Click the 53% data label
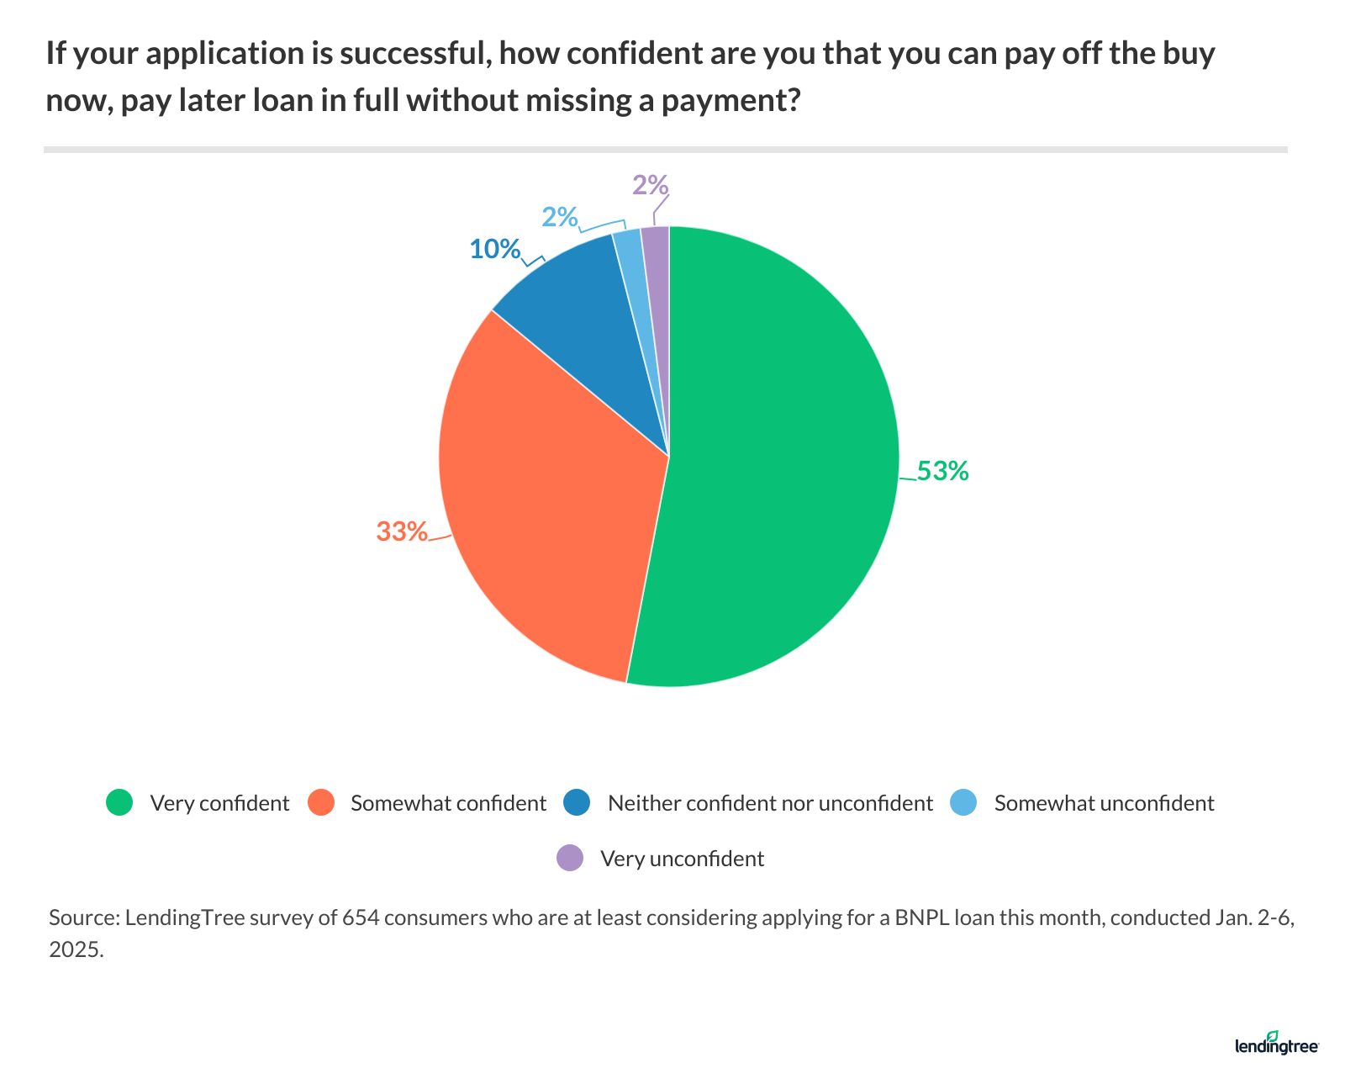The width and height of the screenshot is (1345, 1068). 942,472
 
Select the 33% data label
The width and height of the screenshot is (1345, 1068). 402,531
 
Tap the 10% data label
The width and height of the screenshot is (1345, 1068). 494,249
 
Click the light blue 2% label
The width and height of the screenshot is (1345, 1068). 559,217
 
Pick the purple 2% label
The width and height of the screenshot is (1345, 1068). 650,185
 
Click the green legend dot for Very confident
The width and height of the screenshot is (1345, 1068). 119,803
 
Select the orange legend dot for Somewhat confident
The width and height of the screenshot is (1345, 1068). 321,803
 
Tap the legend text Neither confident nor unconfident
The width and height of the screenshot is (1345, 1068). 770,803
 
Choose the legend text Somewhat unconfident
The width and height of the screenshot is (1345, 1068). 1104,803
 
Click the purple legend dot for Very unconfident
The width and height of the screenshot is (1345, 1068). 570,859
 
